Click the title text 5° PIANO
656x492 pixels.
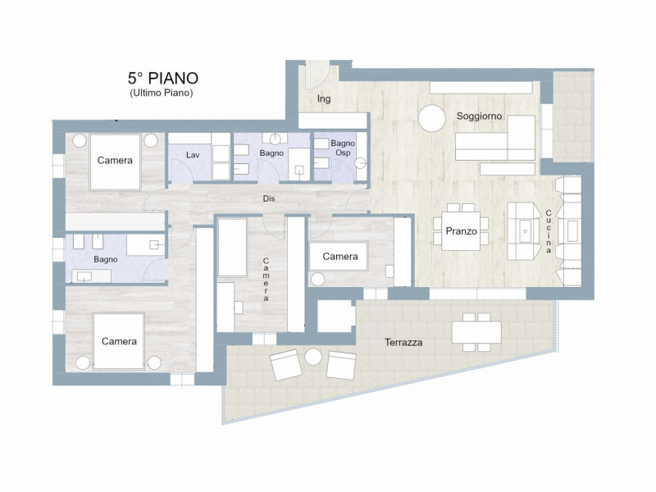click(162, 78)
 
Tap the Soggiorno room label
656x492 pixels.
click(479, 116)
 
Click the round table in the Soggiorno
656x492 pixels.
click(431, 119)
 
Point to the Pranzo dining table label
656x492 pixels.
click(461, 231)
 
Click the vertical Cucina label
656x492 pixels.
click(549, 231)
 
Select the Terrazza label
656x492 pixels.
click(403, 343)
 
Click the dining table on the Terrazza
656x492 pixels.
click(476, 331)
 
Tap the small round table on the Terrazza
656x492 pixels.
click(314, 357)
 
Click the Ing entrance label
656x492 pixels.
click(324, 99)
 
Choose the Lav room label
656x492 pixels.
click(193, 154)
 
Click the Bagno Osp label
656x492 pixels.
click(342, 148)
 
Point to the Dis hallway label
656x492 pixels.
click(268, 198)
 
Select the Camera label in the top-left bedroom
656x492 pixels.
click(115, 161)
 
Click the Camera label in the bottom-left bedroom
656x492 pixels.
click(119, 341)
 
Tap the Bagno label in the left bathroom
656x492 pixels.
click(105, 259)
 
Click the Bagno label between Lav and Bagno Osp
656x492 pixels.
click(271, 153)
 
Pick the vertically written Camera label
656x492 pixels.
click(266, 280)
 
